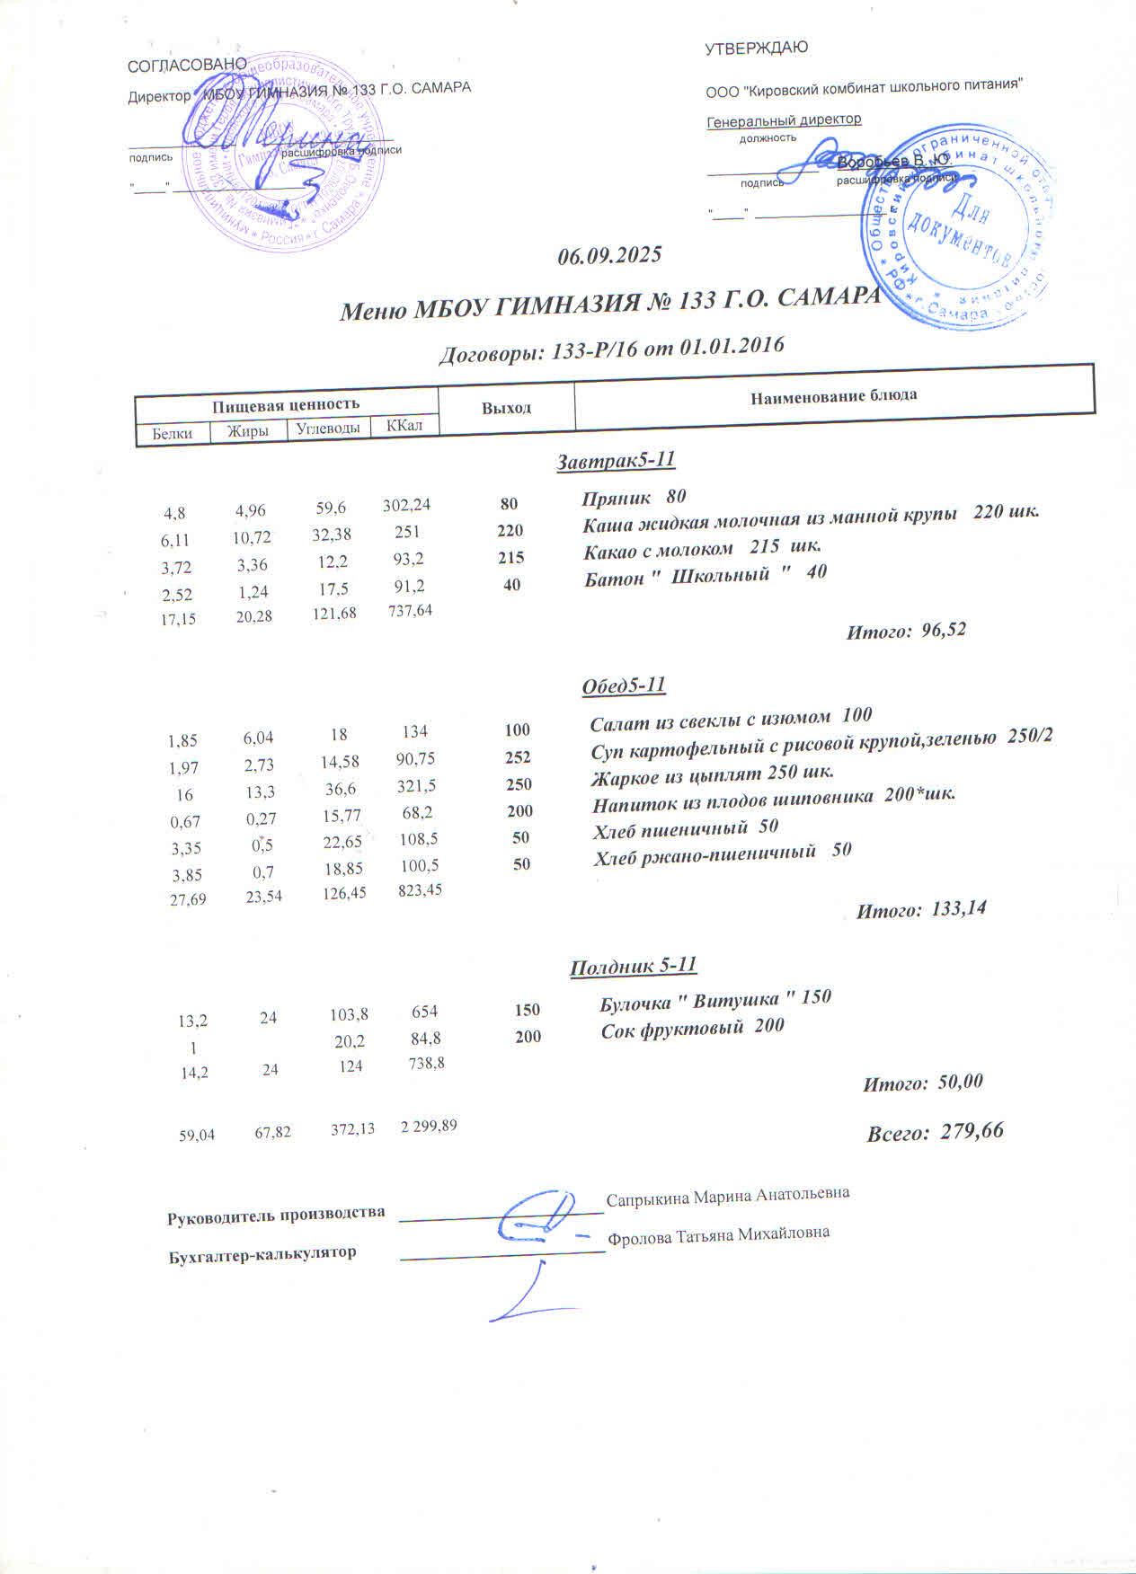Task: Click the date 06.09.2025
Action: click(x=609, y=255)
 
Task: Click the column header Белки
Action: click(x=172, y=433)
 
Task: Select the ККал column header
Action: click(x=404, y=426)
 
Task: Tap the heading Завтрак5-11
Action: click(x=616, y=461)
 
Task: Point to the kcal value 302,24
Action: click(x=406, y=506)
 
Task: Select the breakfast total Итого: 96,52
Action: click(x=906, y=631)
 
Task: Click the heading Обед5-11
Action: click(x=624, y=685)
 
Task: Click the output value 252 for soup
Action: click(x=518, y=757)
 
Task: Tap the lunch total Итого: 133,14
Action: click(x=920, y=909)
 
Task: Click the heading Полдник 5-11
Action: click(x=634, y=967)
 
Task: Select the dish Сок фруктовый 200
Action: click(x=692, y=1026)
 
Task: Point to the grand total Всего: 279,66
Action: click(x=935, y=1132)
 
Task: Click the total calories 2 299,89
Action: click(x=429, y=1127)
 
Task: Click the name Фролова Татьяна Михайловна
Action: click(x=719, y=1234)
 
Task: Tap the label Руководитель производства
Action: click(x=276, y=1215)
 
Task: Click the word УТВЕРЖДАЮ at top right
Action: click(x=756, y=49)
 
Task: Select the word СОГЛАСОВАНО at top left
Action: click(x=187, y=65)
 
